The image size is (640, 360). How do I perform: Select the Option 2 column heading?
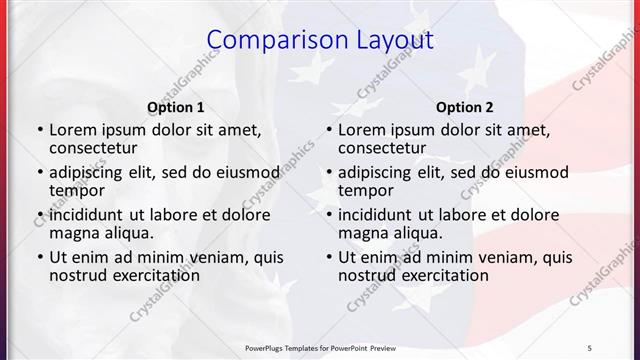(464, 107)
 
